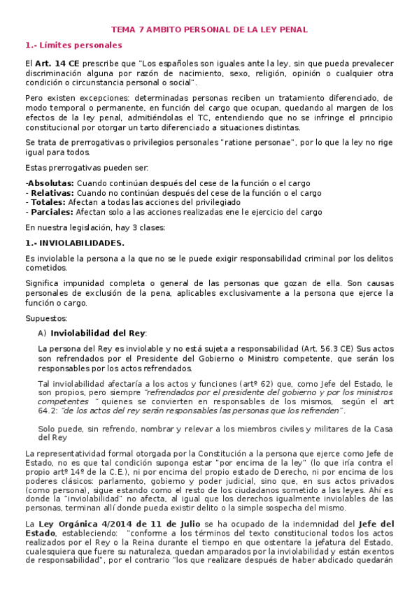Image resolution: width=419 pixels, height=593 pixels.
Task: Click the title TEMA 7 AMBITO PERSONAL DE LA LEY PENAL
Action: click(209, 30)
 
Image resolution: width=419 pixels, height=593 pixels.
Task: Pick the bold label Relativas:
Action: click(51, 193)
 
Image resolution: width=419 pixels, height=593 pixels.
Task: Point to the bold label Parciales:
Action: click(50, 212)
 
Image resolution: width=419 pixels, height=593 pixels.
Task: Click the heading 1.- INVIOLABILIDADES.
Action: click(75, 243)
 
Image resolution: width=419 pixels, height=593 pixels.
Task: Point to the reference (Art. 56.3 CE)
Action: click(313, 348)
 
